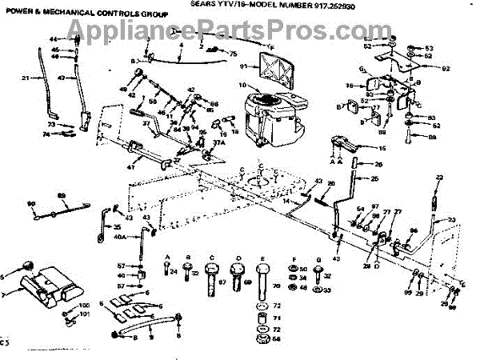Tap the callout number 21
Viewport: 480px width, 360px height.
tap(25, 78)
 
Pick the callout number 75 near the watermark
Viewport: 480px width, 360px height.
tap(234, 53)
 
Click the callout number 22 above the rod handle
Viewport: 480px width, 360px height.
tap(439, 177)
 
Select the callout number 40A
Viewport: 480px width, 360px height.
tap(120, 238)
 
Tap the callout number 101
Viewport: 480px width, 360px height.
tap(86, 315)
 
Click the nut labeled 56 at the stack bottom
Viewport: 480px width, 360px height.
tap(277, 339)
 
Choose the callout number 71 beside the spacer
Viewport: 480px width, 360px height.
tap(277, 318)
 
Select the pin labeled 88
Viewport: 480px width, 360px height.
tap(432, 138)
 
